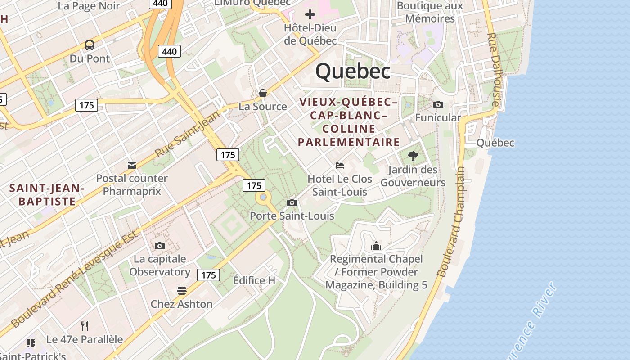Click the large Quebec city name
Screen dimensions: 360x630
coord(353,72)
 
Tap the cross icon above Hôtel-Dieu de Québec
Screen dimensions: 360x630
coord(310,14)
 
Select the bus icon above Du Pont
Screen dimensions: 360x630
coord(90,45)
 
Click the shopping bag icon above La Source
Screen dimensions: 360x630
coord(263,93)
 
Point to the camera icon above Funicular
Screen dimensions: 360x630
coord(438,104)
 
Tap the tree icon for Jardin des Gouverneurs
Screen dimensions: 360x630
coord(413,156)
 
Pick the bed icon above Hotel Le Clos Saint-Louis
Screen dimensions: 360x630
coord(340,166)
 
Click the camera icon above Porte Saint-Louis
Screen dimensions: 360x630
coord(292,202)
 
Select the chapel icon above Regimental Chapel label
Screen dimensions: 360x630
coord(376,246)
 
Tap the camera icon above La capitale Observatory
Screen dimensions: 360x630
coord(160,246)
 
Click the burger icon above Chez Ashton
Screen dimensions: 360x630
coord(182,291)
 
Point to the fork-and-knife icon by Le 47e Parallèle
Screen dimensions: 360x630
coord(85,326)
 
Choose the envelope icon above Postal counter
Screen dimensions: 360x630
coord(132,166)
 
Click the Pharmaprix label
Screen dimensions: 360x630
coord(132,191)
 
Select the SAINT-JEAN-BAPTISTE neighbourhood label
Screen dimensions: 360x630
coord(47,194)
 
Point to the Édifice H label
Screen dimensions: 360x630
coord(254,280)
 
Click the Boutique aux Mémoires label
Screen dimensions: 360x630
coord(430,12)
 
